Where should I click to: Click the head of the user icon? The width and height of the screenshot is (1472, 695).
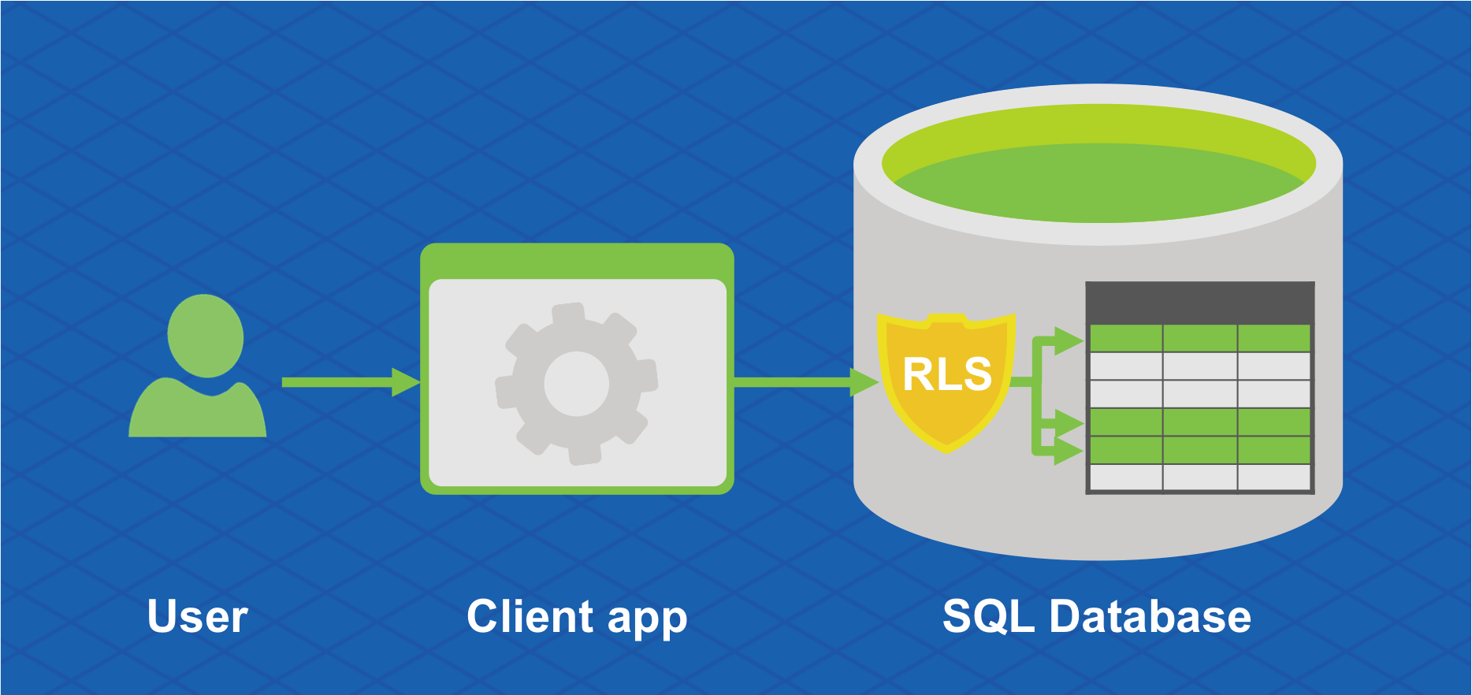pyautogui.click(x=205, y=336)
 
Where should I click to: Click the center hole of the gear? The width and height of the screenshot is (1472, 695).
pyautogui.click(x=576, y=384)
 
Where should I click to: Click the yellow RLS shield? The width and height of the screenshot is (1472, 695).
pyautogui.click(x=946, y=410)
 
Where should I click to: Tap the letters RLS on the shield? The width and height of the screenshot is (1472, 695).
pyautogui.click(x=946, y=374)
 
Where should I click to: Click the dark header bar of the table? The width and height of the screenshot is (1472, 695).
pyautogui.click(x=1199, y=302)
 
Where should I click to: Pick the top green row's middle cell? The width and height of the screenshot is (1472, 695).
pyautogui.click(x=1199, y=338)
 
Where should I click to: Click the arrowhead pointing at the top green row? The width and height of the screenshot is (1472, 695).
pyautogui.click(x=1069, y=340)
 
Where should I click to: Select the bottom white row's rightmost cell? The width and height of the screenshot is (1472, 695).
pyautogui.click(x=1273, y=478)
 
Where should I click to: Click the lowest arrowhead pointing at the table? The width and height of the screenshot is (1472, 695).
pyautogui.click(x=1069, y=452)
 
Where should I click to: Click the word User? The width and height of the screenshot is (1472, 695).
pyautogui.click(x=197, y=616)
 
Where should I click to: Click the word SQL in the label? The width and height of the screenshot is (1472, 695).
pyautogui.click(x=988, y=616)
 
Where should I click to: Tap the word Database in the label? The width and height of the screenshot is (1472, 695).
pyautogui.click(x=1150, y=616)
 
